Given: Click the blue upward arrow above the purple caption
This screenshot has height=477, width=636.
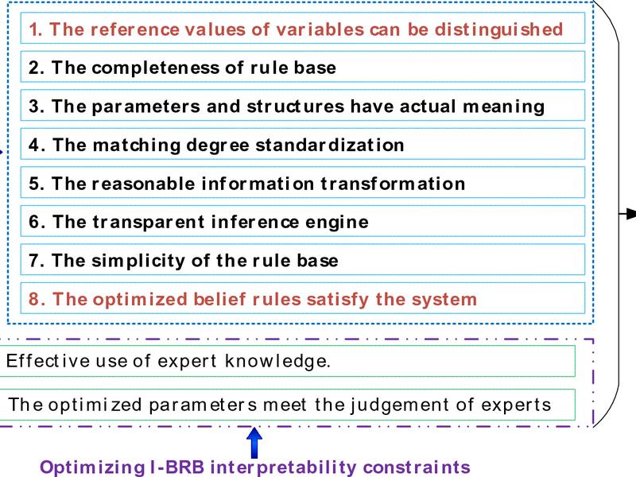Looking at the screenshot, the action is pyautogui.click(x=254, y=443).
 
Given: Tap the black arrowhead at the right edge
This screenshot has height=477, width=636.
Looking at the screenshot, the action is pyautogui.click(x=630, y=213).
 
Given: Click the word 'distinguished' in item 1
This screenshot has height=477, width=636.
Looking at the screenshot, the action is pyautogui.click(x=498, y=30).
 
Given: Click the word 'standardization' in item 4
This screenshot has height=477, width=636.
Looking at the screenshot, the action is pyautogui.click(x=329, y=145).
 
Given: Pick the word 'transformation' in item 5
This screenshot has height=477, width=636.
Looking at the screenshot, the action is pyautogui.click(x=393, y=184).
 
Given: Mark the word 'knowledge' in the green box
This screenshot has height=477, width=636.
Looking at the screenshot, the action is pyautogui.click(x=277, y=361).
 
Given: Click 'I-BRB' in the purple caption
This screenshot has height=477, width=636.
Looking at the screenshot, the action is pyautogui.click(x=176, y=467).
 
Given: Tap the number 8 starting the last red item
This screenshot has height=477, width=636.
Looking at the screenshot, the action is pyautogui.click(x=33, y=299).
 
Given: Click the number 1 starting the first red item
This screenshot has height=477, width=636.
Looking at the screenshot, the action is pyautogui.click(x=33, y=29).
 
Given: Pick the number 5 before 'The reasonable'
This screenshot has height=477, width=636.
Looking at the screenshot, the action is pyautogui.click(x=33, y=184).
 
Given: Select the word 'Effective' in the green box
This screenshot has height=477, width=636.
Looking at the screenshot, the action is pyautogui.click(x=48, y=361).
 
